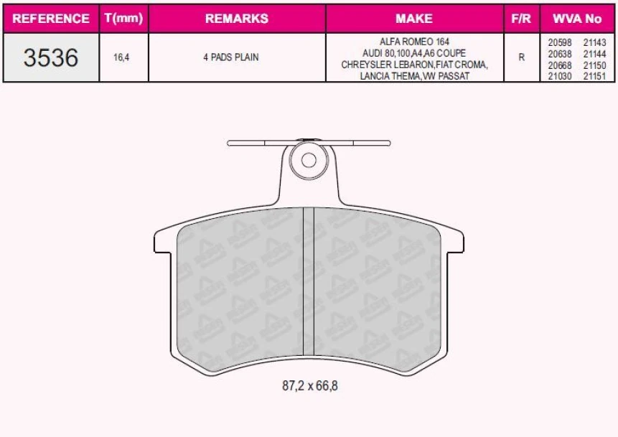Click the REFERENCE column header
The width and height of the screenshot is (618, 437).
coord(51,19)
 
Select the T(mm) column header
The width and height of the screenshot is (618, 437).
coord(123,19)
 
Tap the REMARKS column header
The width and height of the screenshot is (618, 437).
coord(236,19)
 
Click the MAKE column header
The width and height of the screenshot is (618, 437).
coord(414,19)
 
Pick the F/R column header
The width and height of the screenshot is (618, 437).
coord(521,19)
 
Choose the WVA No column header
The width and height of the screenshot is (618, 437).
coord(577,19)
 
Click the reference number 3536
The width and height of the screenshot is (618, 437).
coord(50,57)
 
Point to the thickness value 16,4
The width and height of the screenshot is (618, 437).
coord(122,57)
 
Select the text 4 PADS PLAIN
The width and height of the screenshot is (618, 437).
coord(230,57)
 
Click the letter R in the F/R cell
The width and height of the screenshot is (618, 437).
coord(521,57)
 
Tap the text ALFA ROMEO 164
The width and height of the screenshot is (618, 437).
coord(414,42)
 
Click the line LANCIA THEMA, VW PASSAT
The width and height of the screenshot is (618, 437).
coord(414,76)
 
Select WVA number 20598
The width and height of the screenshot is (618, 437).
coord(560,42)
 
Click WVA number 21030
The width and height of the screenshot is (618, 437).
coord(560,76)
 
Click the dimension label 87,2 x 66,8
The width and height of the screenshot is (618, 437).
coord(309,385)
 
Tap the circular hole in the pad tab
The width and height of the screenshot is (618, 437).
coord(309,160)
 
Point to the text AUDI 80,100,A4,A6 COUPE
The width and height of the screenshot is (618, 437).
coord(414,53)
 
